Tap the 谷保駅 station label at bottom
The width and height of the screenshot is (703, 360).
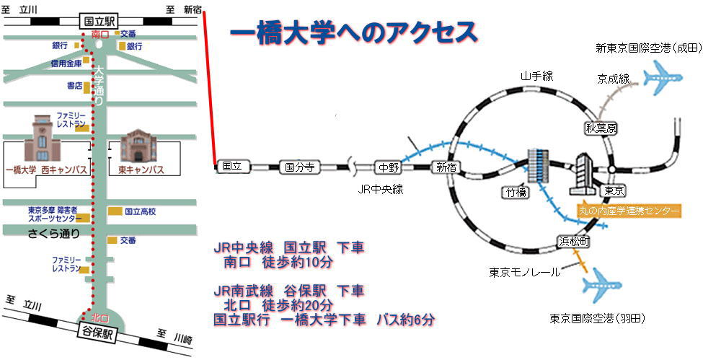[99, 334]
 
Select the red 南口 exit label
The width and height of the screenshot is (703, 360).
[100, 34]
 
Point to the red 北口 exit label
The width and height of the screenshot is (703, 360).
[100, 318]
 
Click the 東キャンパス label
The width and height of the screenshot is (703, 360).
[141, 170]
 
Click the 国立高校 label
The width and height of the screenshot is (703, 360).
[140, 212]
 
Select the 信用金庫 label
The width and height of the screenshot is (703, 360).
[66, 63]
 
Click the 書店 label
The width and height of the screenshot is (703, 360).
[74, 87]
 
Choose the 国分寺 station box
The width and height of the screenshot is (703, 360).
[299, 167]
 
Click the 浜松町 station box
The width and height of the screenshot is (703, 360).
[573, 242]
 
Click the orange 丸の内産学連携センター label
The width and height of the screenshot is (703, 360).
[629, 211]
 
